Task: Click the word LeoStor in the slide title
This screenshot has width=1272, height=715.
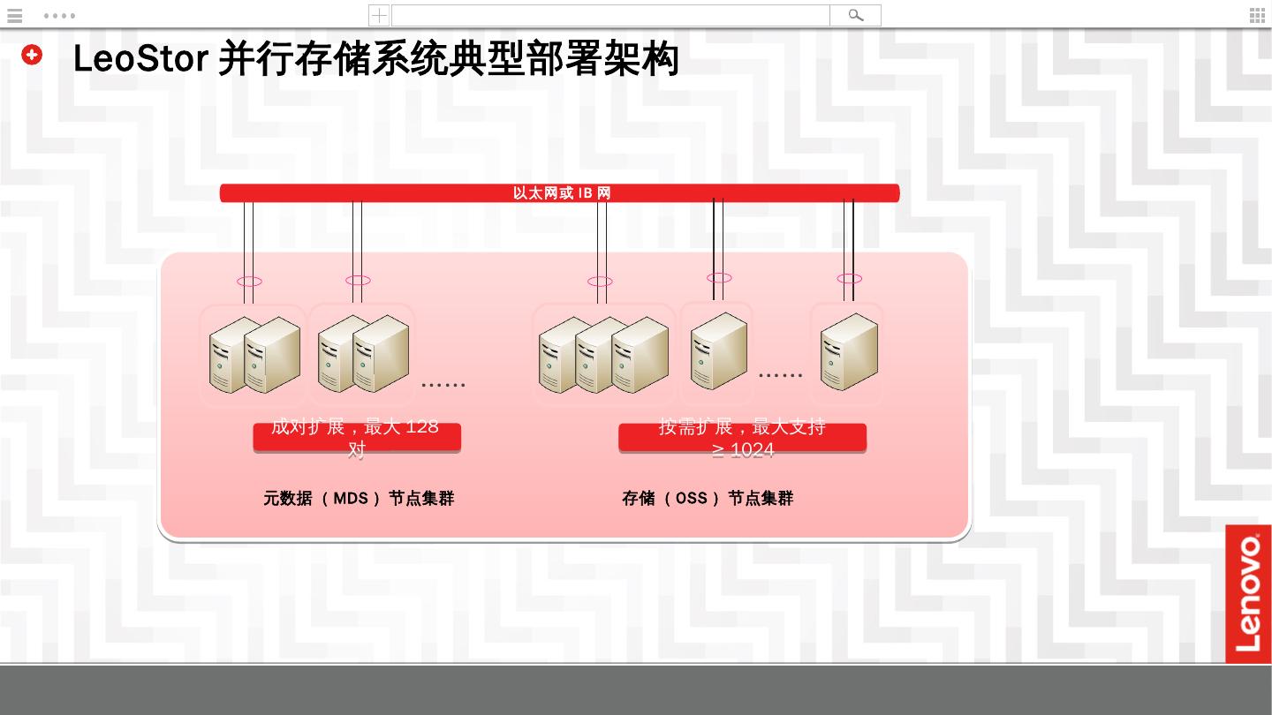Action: (x=140, y=59)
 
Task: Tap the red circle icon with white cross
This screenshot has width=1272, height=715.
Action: (x=32, y=55)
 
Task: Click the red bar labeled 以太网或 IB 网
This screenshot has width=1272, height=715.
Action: (x=559, y=192)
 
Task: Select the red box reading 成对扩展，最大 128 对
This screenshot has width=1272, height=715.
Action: (x=357, y=437)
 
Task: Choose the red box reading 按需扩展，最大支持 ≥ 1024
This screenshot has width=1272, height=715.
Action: (x=742, y=437)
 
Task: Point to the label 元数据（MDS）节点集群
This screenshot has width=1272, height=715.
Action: (x=358, y=498)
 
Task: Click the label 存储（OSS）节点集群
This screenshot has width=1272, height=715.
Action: (x=708, y=498)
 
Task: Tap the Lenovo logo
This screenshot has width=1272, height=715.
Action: (x=1248, y=593)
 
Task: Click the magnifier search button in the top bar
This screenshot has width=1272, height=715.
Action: (x=855, y=15)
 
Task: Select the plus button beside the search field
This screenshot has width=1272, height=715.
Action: (x=379, y=15)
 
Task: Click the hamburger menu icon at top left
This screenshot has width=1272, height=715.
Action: (x=14, y=15)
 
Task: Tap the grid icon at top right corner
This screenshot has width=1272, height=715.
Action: (x=1257, y=15)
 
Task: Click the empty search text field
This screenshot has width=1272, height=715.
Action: (x=609, y=15)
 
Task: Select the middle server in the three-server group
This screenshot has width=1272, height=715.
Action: (x=602, y=355)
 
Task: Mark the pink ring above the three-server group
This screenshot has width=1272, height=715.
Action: (x=600, y=282)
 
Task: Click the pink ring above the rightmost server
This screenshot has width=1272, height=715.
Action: (x=849, y=279)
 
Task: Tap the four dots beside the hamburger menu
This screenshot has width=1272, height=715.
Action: (x=59, y=15)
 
